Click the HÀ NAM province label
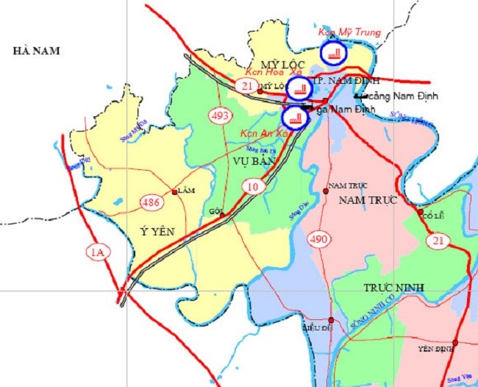35,51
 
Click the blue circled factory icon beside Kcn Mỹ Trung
334,52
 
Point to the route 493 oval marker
221,116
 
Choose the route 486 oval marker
151,201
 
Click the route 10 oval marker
253,187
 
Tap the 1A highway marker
98,253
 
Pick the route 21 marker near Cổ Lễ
439,241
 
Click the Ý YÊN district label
157,231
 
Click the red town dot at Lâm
174,192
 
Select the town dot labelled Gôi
222,215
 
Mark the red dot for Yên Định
456,342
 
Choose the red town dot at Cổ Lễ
421,212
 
